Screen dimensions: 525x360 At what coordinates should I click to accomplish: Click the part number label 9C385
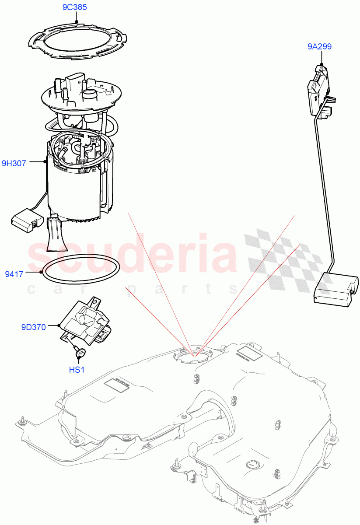pos(76,7)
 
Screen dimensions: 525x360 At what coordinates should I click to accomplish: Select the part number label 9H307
pos(14,163)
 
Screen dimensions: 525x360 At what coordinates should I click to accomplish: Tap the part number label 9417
pos(14,274)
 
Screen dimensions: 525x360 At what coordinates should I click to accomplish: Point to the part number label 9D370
pos(33,326)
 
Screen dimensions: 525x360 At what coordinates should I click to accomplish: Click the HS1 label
pos(77,370)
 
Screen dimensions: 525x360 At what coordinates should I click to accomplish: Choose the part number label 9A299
pos(321,46)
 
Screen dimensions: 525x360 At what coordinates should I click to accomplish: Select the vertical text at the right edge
pos(357,262)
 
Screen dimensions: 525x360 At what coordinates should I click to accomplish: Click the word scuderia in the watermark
pos(131,254)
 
